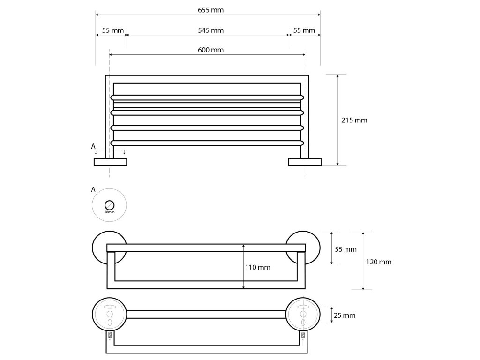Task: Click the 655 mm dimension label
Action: (x=208, y=10)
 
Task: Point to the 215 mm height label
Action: (x=354, y=120)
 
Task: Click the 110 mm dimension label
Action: (x=257, y=267)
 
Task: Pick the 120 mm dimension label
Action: (x=379, y=262)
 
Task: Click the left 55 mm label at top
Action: (x=112, y=30)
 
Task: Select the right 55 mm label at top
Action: (x=304, y=30)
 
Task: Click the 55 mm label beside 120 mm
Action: (x=346, y=249)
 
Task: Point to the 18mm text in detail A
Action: (x=110, y=212)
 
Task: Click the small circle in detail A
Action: (x=109, y=205)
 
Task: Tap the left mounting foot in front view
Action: (x=111, y=162)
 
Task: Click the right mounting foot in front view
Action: (x=305, y=162)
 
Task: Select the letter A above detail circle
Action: (x=93, y=189)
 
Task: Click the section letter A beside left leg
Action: (x=93, y=146)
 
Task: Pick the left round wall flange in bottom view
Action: (x=109, y=314)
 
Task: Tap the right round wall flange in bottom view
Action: (x=303, y=314)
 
